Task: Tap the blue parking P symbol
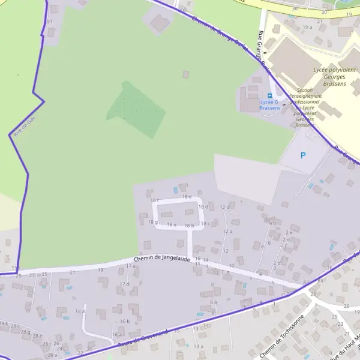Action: (x=303, y=155)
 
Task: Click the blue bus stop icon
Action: (x=269, y=95)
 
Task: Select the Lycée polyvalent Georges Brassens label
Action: (x=329, y=77)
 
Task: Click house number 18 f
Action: (x=154, y=200)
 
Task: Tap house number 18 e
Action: (x=187, y=197)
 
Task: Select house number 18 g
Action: (x=152, y=222)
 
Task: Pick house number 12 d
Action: (x=224, y=207)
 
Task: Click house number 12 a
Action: (x=227, y=231)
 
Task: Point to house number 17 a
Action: (x=131, y=266)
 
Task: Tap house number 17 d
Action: (x=124, y=284)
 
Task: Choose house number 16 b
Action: (x=125, y=321)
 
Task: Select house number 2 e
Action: (x=289, y=232)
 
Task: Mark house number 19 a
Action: (x=308, y=27)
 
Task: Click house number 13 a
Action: (x=199, y=346)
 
